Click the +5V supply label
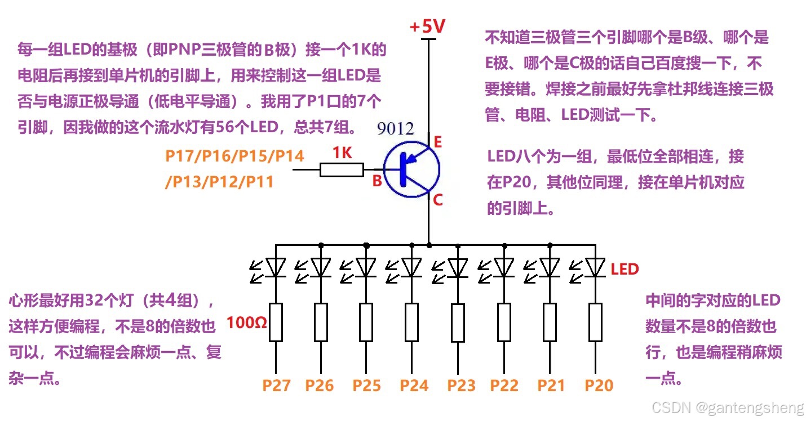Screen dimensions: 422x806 tap(427, 26)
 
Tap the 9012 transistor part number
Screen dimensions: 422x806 tap(395, 129)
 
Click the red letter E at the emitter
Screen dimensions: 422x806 tap(438, 142)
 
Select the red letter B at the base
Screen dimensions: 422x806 tap(377, 181)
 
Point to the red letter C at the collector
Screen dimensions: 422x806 tap(438, 199)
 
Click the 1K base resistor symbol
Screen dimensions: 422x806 tap(342, 169)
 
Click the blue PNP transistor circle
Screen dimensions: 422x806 tap(411, 169)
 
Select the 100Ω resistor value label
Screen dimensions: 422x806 tap(247, 323)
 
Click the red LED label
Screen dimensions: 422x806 tap(625, 269)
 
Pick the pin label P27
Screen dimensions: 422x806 tap(277, 385)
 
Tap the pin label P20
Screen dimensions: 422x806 tap(599, 385)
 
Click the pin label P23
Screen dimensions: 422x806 tap(462, 385)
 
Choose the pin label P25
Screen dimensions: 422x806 tap(367, 385)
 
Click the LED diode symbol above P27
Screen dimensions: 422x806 tap(276, 267)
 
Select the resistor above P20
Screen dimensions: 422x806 tap(595, 322)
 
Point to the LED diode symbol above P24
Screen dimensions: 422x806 tap(412, 267)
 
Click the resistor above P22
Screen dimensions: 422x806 tap(504, 322)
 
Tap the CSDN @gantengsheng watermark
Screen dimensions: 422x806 tap(727, 407)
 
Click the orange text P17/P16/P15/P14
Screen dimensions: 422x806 tap(234, 156)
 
